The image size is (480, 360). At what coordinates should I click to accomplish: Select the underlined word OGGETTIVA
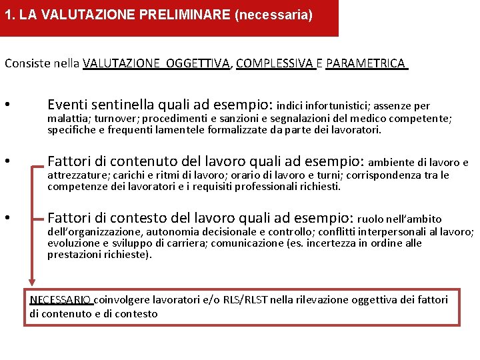(198, 63)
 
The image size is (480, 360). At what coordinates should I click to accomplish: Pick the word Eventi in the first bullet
(67, 105)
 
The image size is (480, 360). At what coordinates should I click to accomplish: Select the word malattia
(66, 119)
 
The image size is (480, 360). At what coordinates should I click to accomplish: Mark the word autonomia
(162, 232)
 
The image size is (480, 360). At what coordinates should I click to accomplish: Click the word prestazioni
(74, 255)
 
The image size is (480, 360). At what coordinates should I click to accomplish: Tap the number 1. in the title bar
(10, 15)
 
